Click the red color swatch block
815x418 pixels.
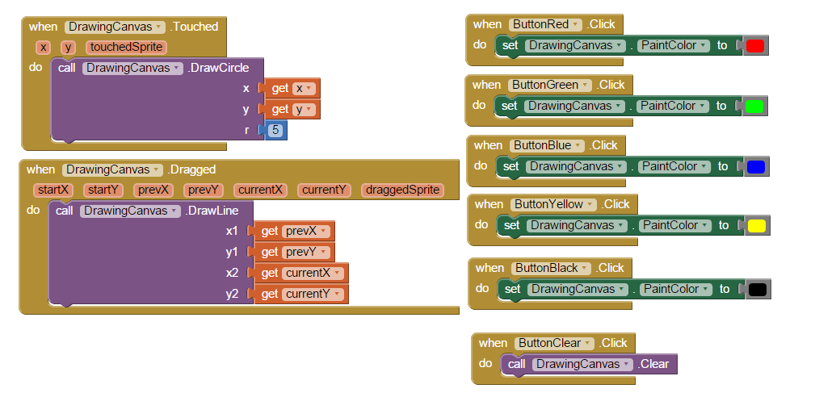coord(754,46)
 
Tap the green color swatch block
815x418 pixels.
coord(754,107)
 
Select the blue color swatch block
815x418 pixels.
coord(755,167)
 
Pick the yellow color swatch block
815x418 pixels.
coord(757,226)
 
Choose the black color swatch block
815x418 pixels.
coord(758,289)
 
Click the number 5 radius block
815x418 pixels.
coord(275,130)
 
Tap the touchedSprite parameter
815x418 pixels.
coord(127,48)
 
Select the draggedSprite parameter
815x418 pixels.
coord(403,190)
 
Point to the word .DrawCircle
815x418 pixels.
coord(218,68)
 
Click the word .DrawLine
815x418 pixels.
coord(212,211)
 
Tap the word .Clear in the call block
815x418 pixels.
coord(653,364)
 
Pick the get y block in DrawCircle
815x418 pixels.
coord(291,110)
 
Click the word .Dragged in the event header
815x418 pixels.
coord(191,169)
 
